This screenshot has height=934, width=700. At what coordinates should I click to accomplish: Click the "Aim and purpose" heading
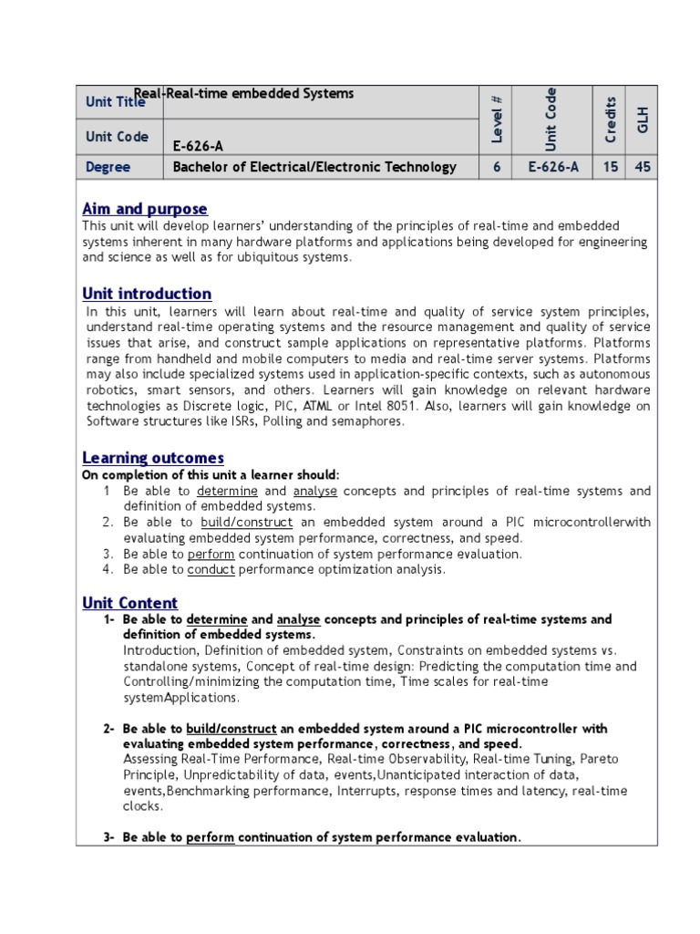tap(145, 209)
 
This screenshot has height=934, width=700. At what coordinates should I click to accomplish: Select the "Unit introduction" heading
tap(147, 294)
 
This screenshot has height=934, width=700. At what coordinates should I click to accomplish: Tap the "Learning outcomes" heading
tap(153, 457)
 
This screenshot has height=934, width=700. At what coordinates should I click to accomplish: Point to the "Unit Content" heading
tap(130, 603)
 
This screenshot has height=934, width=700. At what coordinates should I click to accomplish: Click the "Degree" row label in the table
tap(108, 167)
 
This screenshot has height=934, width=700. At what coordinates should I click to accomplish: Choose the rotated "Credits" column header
tap(611, 119)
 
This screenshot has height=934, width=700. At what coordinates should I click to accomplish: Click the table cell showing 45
tap(643, 167)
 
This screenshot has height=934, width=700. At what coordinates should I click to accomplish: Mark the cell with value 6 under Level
tap(496, 167)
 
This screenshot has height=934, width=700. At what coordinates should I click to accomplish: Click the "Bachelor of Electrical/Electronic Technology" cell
tap(314, 167)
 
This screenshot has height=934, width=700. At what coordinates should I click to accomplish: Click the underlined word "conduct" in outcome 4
tap(211, 569)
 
